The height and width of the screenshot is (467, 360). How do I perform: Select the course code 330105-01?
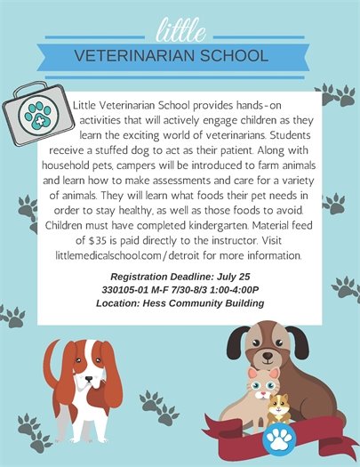pos(130,290)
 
